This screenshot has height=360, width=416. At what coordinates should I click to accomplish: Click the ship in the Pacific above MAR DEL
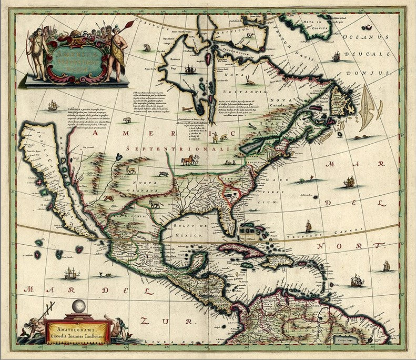pyautogui.click(x=71, y=273)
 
